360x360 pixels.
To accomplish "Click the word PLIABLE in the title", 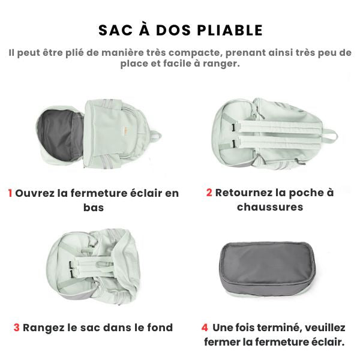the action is click(230, 31).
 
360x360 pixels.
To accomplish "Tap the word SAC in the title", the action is click(116, 31).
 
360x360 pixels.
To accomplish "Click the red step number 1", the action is click(10, 193).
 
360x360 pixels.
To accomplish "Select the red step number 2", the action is click(209, 193).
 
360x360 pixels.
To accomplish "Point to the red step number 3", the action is click(17, 328).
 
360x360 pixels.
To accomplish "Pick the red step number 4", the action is click(205, 328).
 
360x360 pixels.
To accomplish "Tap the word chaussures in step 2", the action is click(270, 207).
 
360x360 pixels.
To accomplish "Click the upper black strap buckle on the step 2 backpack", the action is click(234, 127).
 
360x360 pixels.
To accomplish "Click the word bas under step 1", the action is click(94, 208).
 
